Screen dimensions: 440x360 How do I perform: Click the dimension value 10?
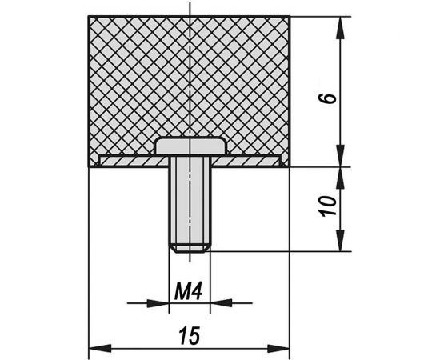click(x=329, y=206)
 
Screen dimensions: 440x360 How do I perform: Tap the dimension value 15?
click(x=190, y=335)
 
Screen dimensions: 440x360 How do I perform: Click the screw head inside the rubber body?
click(x=190, y=146)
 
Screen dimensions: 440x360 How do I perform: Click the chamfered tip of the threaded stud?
click(x=190, y=249)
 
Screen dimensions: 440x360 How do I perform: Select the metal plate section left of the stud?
click(x=134, y=162)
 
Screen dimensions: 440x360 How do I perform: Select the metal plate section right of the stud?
click(x=246, y=162)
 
